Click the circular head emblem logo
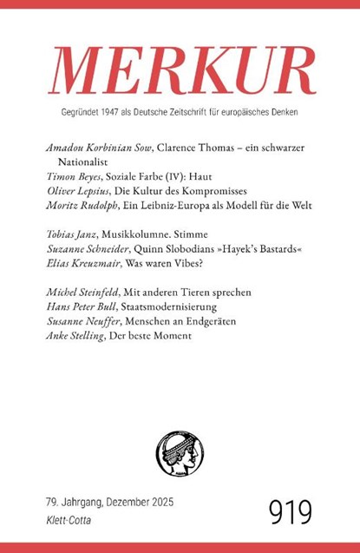point(179,448)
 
